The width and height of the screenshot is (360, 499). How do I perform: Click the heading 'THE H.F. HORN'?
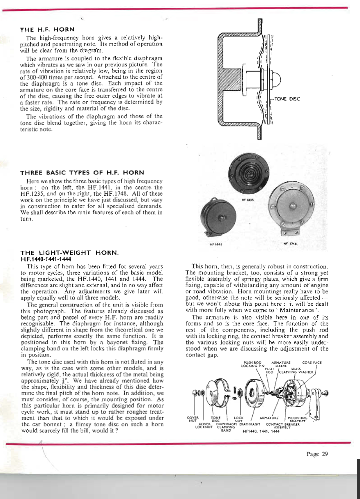(47, 30)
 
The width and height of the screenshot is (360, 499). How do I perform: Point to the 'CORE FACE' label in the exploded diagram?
(312, 363)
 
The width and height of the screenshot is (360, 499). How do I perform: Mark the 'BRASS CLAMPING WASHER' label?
(296, 371)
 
